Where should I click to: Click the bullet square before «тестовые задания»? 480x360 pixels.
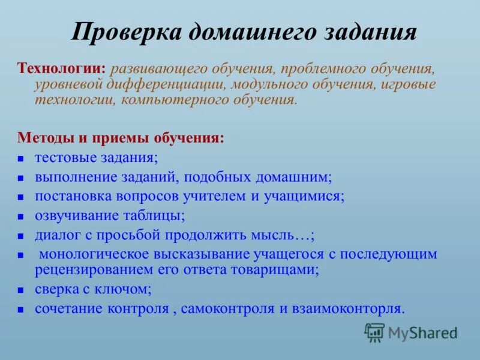(20, 160)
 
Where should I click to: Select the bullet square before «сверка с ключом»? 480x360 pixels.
(20, 290)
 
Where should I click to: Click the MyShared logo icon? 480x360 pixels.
(374, 332)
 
